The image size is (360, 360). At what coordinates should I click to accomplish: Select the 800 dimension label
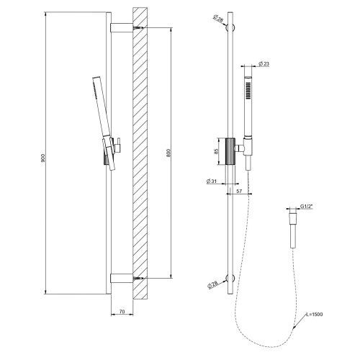(167, 152)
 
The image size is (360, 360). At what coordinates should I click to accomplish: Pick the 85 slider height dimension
(207, 152)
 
